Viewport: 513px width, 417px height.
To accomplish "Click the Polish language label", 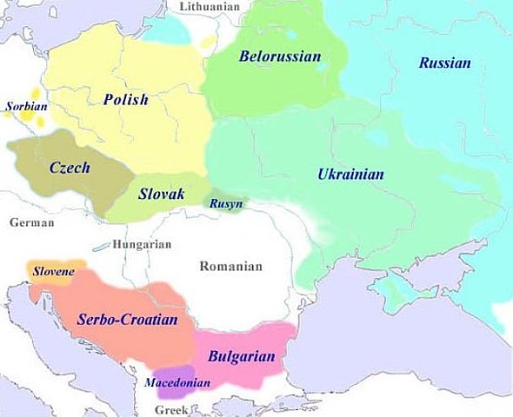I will (x=125, y=100).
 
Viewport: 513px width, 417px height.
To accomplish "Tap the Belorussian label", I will (x=280, y=56).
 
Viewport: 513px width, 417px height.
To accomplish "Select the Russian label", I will (x=444, y=63).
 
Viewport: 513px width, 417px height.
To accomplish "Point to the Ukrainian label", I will (x=350, y=175).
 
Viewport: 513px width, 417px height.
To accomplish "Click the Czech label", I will (x=70, y=168).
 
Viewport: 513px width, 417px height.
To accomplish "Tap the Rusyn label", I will (x=225, y=204).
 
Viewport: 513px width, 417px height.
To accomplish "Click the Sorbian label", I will (x=26, y=108).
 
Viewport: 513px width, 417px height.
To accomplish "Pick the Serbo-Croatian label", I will (x=127, y=320).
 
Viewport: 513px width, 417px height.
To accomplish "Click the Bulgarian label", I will (x=241, y=356).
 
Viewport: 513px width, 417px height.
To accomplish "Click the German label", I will (x=32, y=222).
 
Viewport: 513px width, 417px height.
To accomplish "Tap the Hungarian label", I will (x=142, y=245).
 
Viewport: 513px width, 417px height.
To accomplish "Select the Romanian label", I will (x=230, y=266).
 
